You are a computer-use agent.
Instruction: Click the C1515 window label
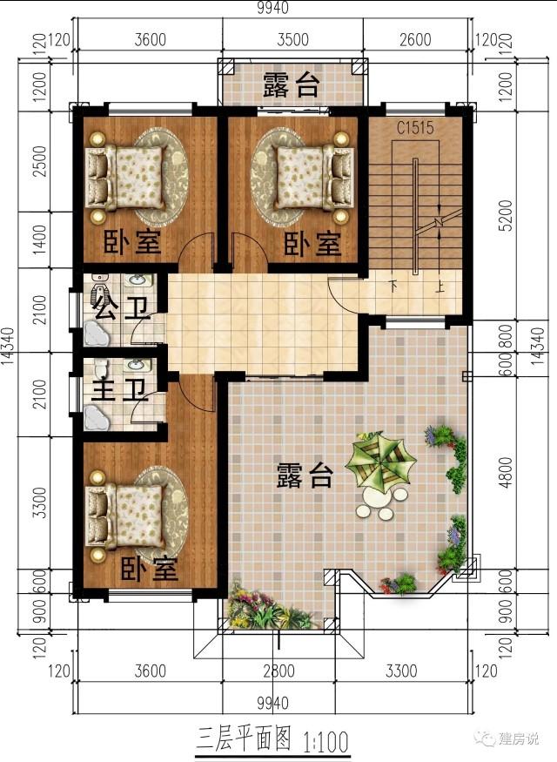click(415, 128)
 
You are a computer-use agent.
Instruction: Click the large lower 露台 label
click(305, 475)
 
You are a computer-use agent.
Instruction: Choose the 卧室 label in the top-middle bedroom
click(312, 243)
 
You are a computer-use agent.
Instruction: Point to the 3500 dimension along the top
click(292, 40)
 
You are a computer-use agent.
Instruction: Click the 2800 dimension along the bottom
click(278, 671)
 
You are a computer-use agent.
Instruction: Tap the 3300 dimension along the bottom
click(401, 671)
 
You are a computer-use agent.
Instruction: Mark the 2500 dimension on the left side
click(38, 160)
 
